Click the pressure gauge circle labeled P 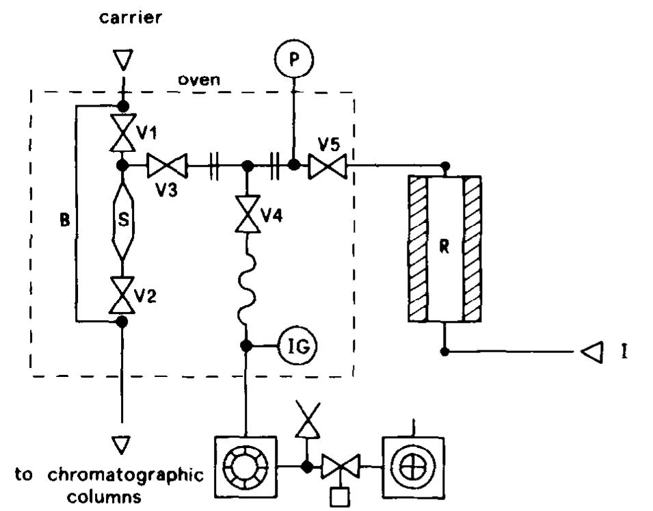[295, 61]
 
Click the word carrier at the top [131, 18]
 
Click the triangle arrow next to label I [589, 352]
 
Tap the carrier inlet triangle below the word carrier [122, 62]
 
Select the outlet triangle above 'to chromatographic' [122, 445]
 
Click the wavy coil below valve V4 [246, 288]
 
